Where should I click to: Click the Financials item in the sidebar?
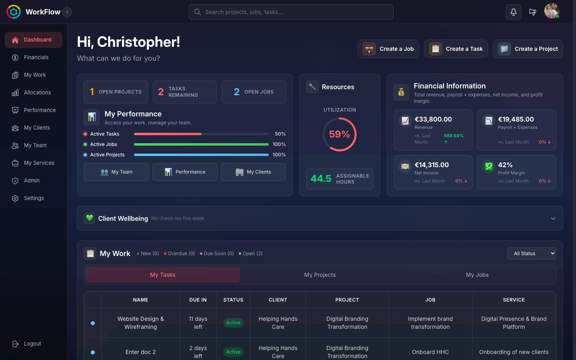coord(36,57)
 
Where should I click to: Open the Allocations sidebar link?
coord(37,92)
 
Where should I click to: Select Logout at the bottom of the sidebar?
coord(32,344)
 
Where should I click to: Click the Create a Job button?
coord(388,49)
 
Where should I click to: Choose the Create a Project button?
coord(528,49)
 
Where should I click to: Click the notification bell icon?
coord(513,12)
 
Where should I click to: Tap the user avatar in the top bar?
coord(552,11)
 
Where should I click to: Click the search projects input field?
coord(291,12)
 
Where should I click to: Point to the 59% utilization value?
coord(339,134)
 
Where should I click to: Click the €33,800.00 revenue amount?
coord(433,119)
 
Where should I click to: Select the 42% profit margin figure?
coord(505,165)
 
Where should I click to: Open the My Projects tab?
coord(320,275)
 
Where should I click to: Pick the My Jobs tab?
coord(477,275)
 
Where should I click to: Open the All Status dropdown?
coord(532,253)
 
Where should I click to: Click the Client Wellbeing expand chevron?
coord(553,218)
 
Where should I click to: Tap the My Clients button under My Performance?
coord(253,172)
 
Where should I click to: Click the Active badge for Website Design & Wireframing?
coord(233,323)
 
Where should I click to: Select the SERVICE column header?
coord(514,300)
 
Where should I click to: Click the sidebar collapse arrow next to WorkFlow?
coord(67,12)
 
